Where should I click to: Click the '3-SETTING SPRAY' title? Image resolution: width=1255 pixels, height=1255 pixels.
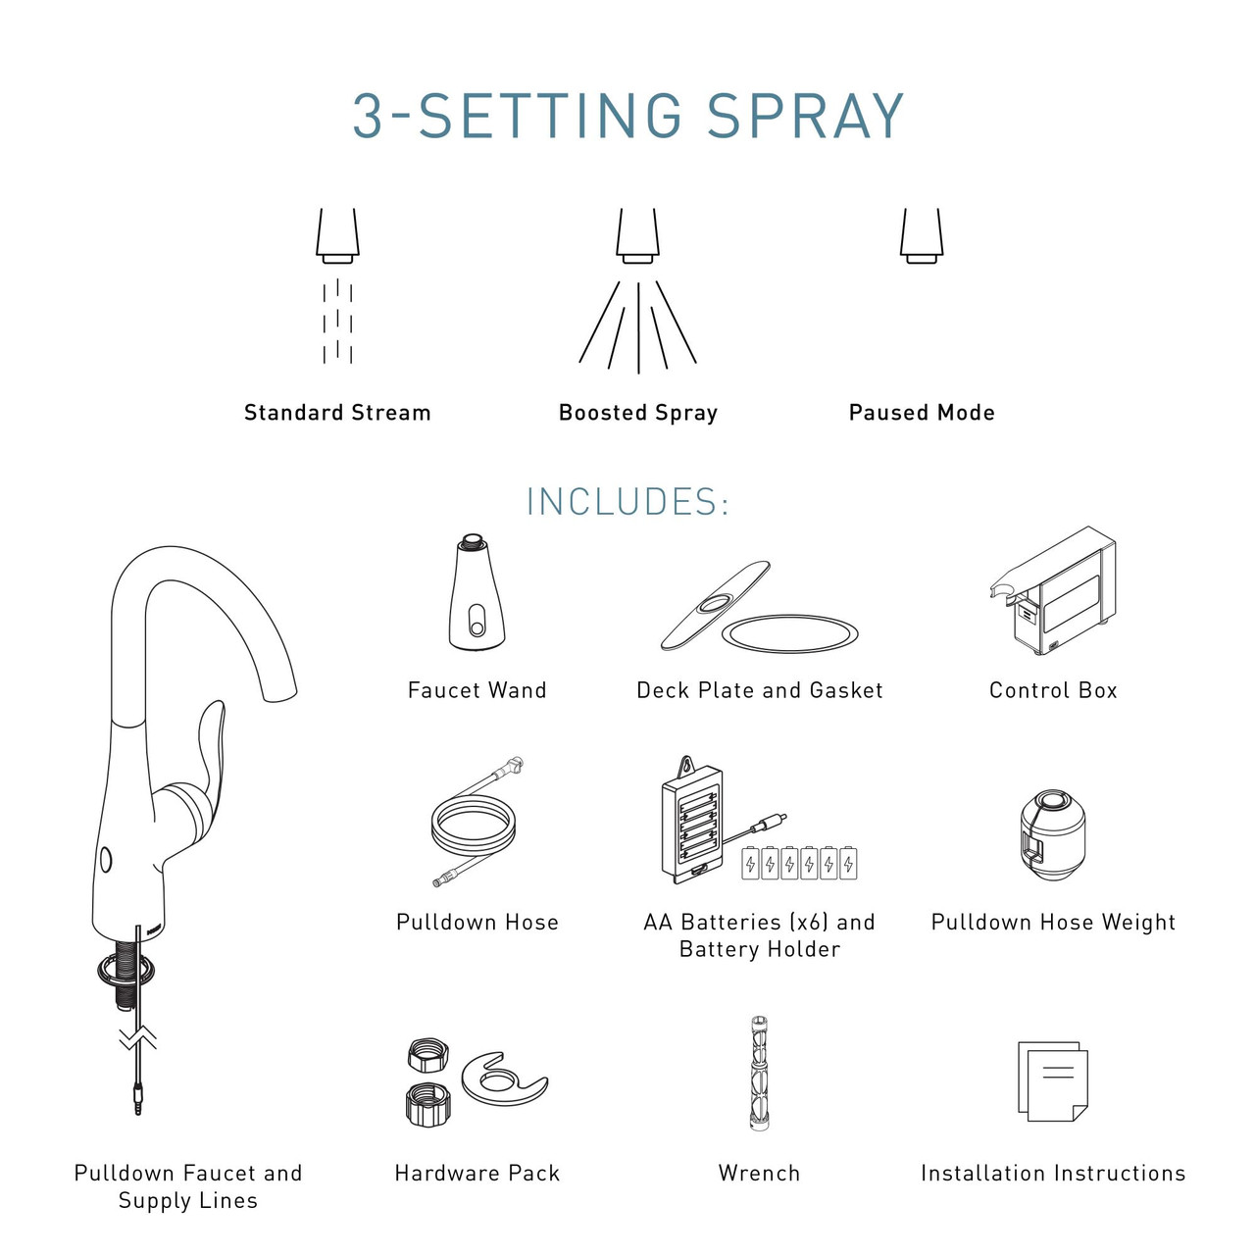point(627,116)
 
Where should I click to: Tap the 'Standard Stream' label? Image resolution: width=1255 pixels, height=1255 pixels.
point(337,413)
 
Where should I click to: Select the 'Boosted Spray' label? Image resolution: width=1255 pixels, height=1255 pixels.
point(638,413)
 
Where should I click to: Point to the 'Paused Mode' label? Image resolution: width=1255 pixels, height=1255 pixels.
point(922,413)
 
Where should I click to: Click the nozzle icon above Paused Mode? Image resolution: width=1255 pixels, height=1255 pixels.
point(922,235)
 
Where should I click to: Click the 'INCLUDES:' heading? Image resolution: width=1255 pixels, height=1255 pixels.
point(627,502)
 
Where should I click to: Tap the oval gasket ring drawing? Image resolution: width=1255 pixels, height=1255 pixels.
point(789,633)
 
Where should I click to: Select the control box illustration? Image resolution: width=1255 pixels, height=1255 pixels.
point(1052,590)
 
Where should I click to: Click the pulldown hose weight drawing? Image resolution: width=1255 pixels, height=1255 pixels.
point(1052,834)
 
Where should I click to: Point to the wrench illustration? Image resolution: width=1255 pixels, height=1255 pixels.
point(759,1073)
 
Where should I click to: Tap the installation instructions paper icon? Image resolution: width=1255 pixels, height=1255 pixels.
point(1052,1081)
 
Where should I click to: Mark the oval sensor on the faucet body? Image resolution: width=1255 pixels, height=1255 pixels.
point(106,860)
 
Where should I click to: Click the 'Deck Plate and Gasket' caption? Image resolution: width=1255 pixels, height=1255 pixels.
point(760,690)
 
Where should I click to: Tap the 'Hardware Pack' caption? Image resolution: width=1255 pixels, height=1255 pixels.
point(477,1174)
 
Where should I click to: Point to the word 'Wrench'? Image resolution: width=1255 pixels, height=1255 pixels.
point(760,1174)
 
